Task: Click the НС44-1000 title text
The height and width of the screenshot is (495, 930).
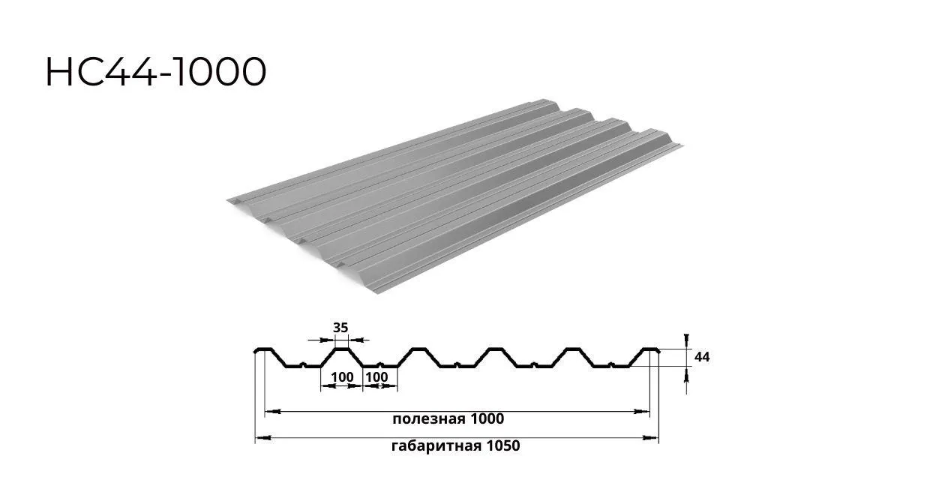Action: pyautogui.click(x=156, y=73)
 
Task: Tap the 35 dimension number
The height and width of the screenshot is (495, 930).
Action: pyautogui.click(x=340, y=327)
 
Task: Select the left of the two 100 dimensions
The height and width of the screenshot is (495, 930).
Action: pyautogui.click(x=342, y=376)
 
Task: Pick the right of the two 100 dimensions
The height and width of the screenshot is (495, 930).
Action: pyautogui.click(x=378, y=376)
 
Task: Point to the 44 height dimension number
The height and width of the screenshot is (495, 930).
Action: pyautogui.click(x=702, y=357)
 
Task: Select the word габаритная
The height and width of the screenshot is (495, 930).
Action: pyautogui.click(x=435, y=446)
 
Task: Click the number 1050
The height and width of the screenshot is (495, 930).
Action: pyautogui.click(x=502, y=446)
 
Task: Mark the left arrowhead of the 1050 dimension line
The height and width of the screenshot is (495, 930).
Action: pyautogui.click(x=259, y=437)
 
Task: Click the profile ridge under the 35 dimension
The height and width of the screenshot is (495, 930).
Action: pyautogui.click(x=341, y=349)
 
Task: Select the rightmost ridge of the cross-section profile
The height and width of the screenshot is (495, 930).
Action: pyautogui.click(x=649, y=349)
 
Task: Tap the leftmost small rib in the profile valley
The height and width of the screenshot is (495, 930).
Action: pyautogui.click(x=301, y=365)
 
